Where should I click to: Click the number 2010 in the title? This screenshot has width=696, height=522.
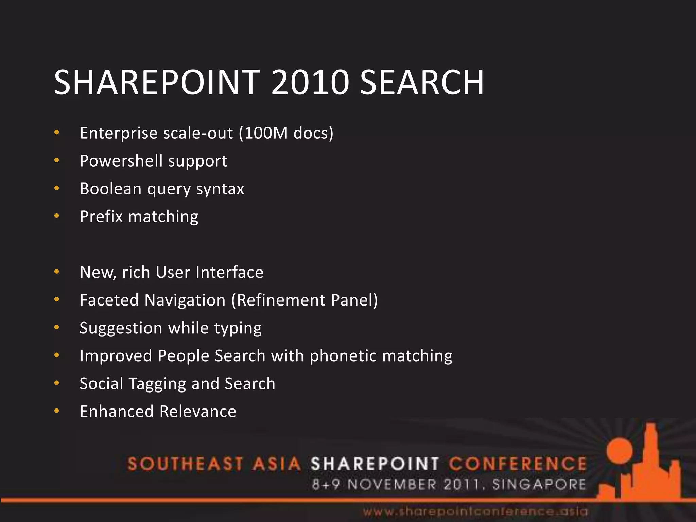point(310,83)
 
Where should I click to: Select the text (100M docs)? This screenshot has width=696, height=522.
point(286,133)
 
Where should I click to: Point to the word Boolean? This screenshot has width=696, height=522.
point(110,189)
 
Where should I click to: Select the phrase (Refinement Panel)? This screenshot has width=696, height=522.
point(304,300)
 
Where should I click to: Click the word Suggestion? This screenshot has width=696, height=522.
point(121,328)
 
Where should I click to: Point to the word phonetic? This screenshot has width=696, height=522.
point(343,356)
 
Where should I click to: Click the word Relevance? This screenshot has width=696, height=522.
point(198,412)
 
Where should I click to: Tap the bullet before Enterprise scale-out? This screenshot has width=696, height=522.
point(57,133)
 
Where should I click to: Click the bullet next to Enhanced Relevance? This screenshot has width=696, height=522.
point(57,411)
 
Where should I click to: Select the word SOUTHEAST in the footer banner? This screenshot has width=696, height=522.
point(185,464)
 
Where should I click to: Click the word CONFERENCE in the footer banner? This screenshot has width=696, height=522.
point(518,464)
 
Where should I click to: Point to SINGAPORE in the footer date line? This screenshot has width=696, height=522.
point(539,484)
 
